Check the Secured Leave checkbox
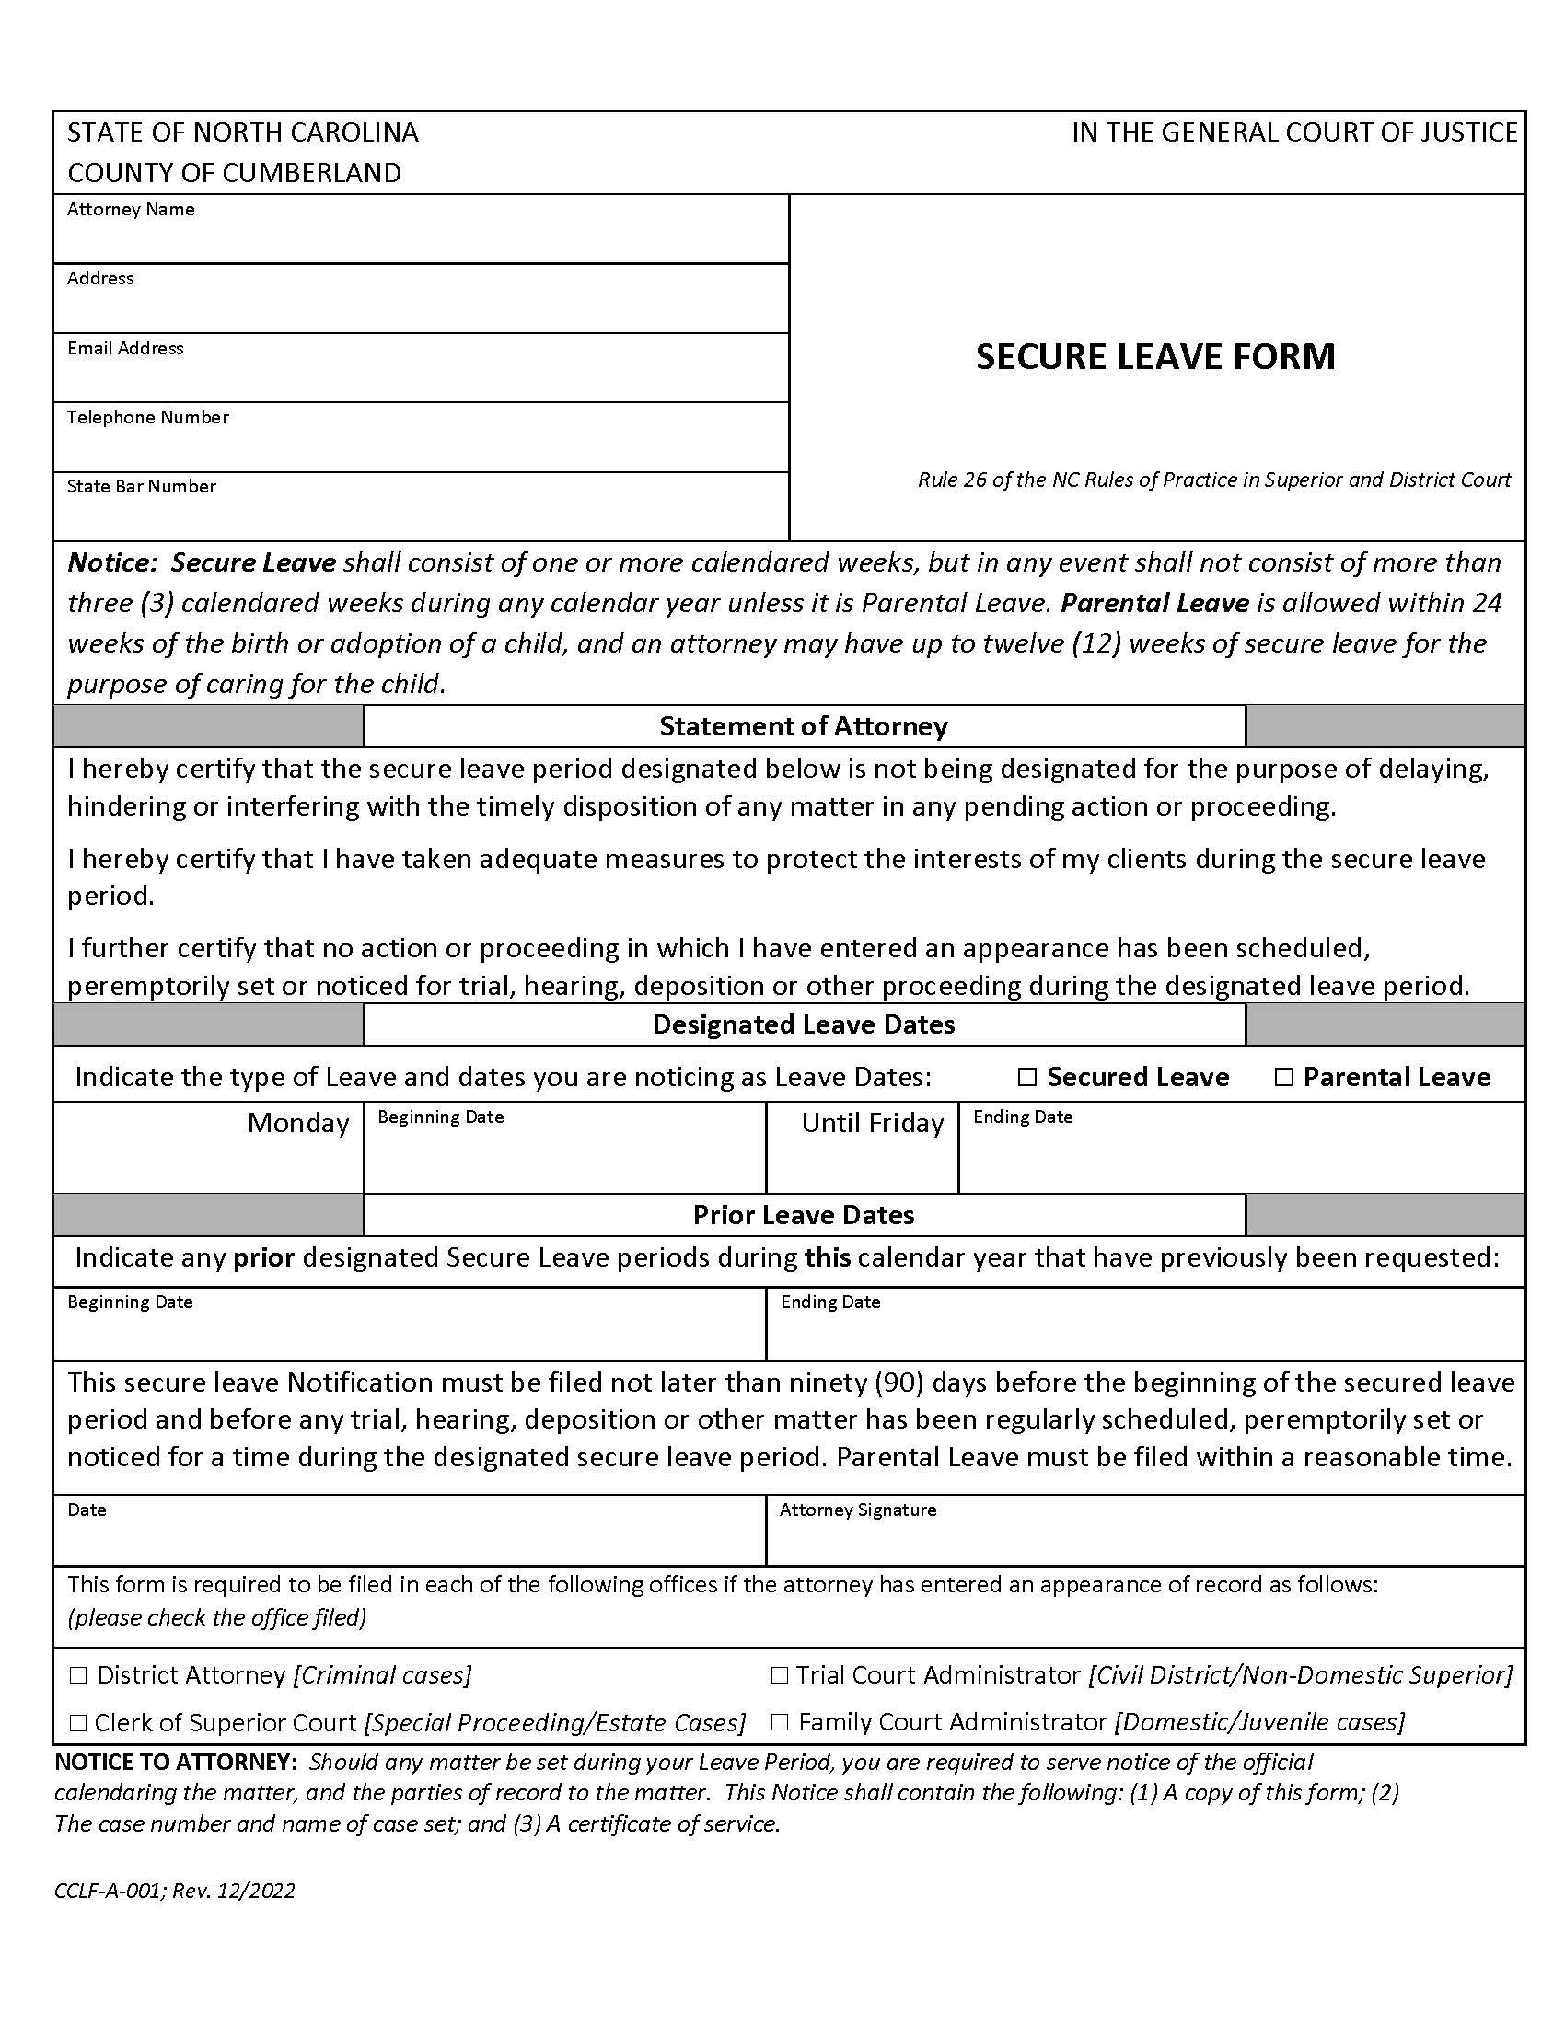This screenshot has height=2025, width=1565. [1026, 1078]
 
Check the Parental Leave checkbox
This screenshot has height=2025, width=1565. [1283, 1078]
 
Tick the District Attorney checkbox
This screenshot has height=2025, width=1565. [78, 1675]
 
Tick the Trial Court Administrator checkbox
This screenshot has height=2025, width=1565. [779, 1675]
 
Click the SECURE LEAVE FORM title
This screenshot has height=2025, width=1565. [1155, 357]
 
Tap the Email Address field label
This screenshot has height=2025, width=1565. [125, 349]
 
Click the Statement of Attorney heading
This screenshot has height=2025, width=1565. [803, 726]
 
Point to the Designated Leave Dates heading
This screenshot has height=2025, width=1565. [803, 1024]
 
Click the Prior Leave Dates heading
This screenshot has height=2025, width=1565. [803, 1216]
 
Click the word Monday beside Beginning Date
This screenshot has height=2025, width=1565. [297, 1124]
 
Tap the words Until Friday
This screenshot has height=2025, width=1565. [872, 1124]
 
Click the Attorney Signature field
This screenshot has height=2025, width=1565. [1145, 1542]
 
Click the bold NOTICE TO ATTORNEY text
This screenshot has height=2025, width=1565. [176, 1762]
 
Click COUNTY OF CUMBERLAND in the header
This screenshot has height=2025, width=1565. [234, 173]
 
